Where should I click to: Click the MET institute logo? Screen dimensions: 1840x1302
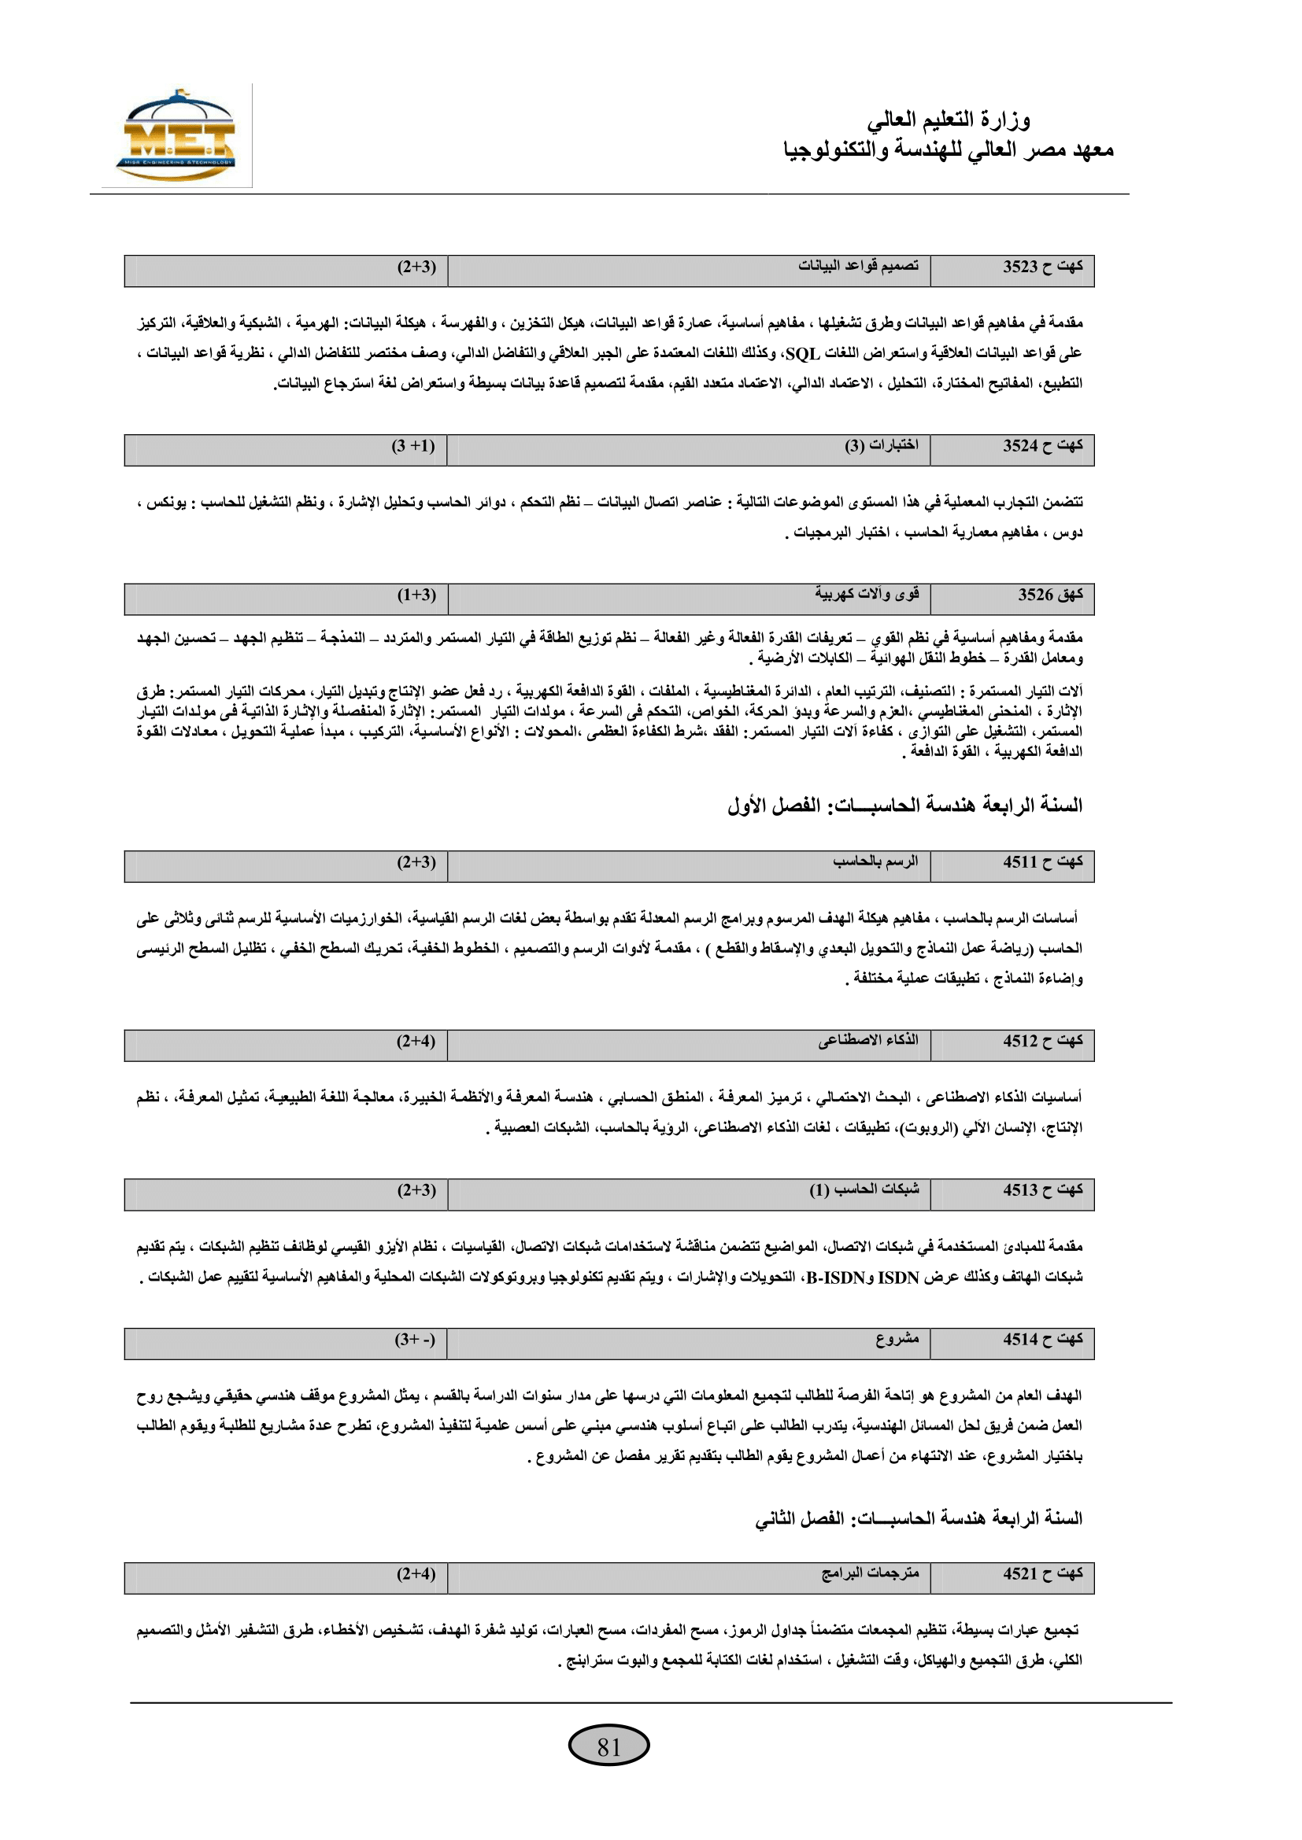pyautogui.click(x=176, y=136)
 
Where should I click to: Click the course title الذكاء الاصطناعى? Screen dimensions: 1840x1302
pyautogui.click(x=868, y=1040)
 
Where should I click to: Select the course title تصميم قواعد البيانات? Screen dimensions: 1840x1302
pyautogui.click(x=858, y=266)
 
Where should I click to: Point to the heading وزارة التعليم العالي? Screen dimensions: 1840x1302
pyautogui.click(x=949, y=120)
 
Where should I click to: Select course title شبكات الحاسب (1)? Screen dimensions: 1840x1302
pyautogui.click(x=864, y=1189)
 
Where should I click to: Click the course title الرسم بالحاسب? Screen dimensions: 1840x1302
pyautogui.click(x=875, y=861)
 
